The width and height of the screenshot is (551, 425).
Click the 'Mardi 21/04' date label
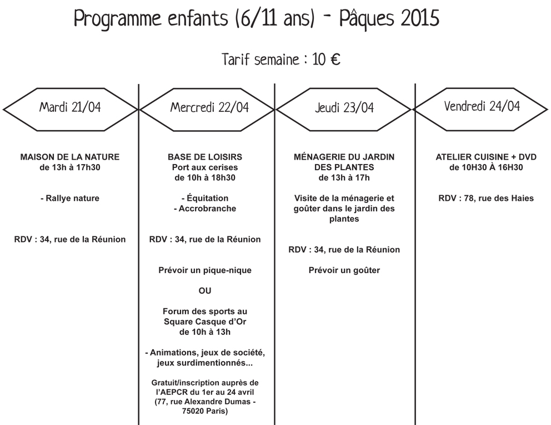click(x=70, y=107)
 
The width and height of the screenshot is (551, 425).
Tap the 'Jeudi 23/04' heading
click(x=344, y=108)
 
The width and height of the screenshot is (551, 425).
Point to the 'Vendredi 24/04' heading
click(x=482, y=106)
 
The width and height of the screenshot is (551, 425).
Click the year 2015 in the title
click(x=420, y=18)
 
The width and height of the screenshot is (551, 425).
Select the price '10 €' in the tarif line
click(x=326, y=60)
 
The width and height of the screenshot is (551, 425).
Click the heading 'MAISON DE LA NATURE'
click(x=70, y=157)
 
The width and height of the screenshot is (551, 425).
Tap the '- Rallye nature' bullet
click(x=70, y=199)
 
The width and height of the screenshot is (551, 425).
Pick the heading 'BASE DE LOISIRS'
click(x=205, y=157)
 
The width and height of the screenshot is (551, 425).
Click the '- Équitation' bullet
click(x=205, y=197)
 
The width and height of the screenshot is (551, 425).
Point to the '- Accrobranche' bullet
click(x=205, y=209)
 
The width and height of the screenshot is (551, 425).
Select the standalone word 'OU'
click(x=205, y=291)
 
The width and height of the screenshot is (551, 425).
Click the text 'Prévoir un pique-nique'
click(x=205, y=270)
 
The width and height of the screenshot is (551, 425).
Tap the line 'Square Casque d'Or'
click(x=205, y=322)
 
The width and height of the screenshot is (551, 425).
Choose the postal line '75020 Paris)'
click(x=205, y=411)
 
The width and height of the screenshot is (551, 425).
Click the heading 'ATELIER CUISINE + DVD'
click(x=486, y=157)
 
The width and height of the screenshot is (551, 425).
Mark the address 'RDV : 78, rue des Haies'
click(x=486, y=199)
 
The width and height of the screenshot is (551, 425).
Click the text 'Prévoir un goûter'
click(x=344, y=270)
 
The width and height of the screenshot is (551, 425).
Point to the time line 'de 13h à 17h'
click(x=344, y=177)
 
